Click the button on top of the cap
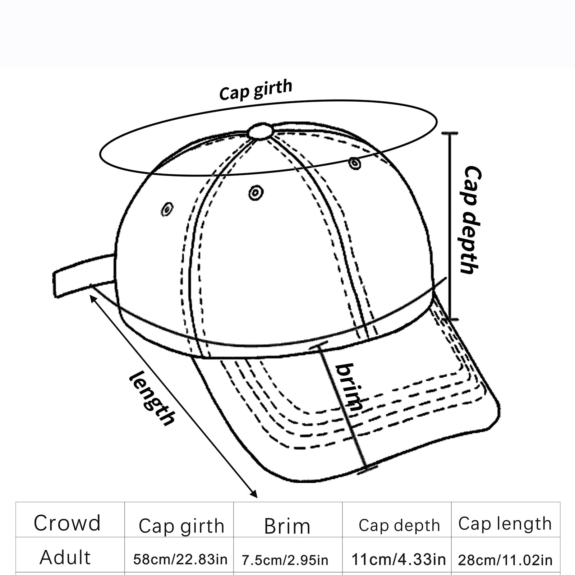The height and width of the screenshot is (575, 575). point(260,131)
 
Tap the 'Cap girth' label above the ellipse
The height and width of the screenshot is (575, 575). point(256,90)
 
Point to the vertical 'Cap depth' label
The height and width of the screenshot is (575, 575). point(471,220)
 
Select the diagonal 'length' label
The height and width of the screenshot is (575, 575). point(152,398)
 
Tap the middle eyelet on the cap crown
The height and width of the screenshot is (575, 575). point(256,193)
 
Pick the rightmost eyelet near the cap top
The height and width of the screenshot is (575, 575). point(355,163)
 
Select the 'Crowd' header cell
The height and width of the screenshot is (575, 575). point(67,523)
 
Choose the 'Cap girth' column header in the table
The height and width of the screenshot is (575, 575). point(181,526)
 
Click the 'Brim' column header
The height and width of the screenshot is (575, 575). point(287,526)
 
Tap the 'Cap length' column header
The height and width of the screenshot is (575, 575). point(505,524)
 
